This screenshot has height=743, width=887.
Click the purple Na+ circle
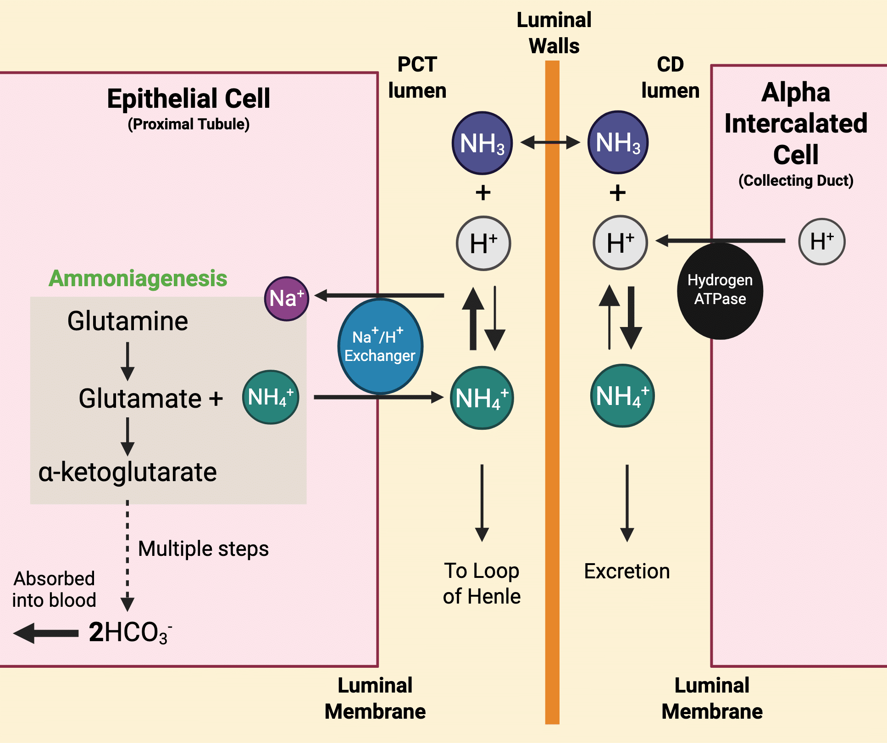click(287, 299)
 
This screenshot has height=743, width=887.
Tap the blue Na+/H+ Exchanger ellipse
click(380, 347)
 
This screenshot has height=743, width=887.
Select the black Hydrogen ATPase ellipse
click(720, 291)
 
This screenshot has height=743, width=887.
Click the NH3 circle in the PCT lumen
click(482, 143)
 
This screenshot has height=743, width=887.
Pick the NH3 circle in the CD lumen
click(618, 142)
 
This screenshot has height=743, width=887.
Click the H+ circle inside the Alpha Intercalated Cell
click(821, 241)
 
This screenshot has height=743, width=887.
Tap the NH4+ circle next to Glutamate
click(271, 397)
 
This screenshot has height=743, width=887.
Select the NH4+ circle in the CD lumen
click(622, 396)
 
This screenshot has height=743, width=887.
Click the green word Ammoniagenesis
click(138, 278)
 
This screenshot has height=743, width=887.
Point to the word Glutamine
click(128, 321)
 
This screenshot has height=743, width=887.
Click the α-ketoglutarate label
click(128, 472)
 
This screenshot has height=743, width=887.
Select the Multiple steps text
click(203, 549)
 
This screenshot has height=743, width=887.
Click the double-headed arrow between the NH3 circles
click(550, 143)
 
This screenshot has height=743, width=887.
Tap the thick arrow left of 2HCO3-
click(46, 633)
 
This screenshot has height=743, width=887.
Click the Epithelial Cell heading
click(188, 99)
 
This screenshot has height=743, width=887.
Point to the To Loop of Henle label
click(482, 583)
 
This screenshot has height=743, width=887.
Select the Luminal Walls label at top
click(554, 33)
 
